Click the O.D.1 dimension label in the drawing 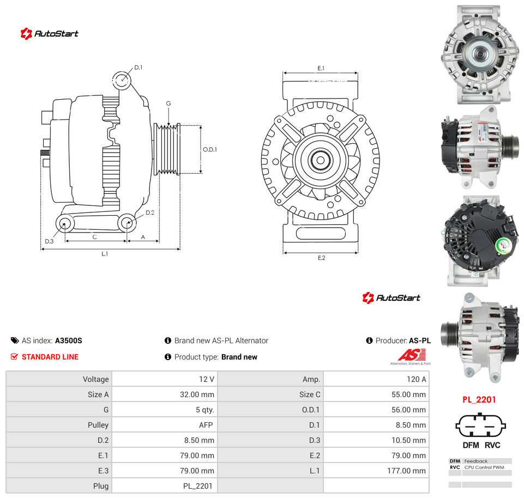(x=210, y=149)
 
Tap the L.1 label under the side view (x=105, y=254)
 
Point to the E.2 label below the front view (x=322, y=258)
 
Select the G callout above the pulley (x=168, y=104)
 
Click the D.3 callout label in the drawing (x=49, y=241)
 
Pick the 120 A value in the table (x=416, y=379)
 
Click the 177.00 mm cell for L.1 (x=406, y=471)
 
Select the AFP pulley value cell (x=206, y=425)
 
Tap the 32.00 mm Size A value (x=197, y=394)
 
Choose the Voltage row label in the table (x=96, y=379)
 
